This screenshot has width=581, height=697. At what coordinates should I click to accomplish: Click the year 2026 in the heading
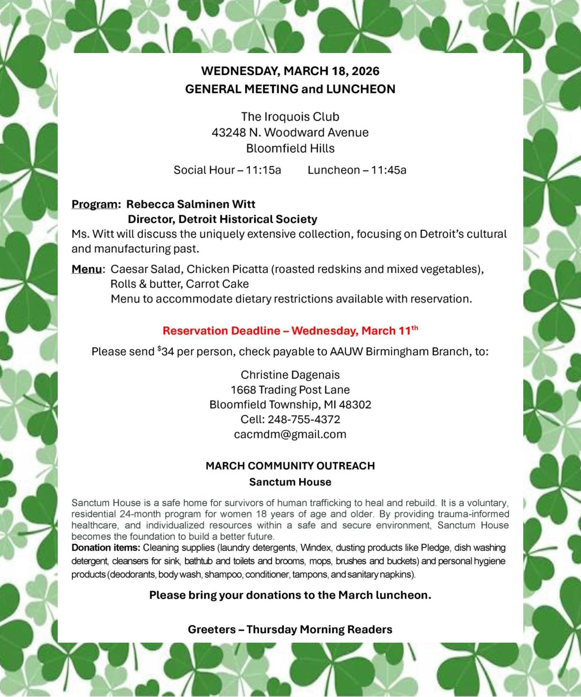point(365,71)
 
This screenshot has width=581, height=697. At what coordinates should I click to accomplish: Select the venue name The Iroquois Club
point(290,117)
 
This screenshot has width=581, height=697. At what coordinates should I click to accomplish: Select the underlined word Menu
point(87,269)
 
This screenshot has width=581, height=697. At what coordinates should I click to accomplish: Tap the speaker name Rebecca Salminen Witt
point(191,204)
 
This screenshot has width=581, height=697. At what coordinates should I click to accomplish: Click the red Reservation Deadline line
point(290,331)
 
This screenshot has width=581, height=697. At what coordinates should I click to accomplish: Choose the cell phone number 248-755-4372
point(304,420)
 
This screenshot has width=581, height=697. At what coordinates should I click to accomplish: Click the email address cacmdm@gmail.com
point(290,435)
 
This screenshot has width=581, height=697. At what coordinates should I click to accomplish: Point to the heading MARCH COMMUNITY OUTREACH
point(290,466)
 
